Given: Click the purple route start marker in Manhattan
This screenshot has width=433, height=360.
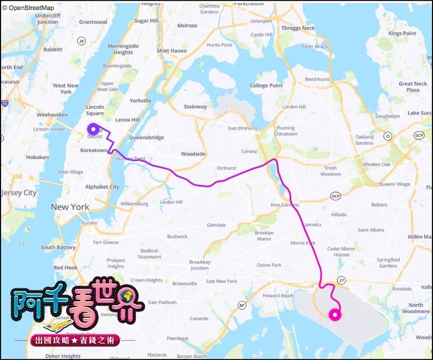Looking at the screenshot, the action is coord(92,129).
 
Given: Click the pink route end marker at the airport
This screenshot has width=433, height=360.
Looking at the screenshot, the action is coord(335,315).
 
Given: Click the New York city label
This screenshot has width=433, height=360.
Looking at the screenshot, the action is coord(70,207).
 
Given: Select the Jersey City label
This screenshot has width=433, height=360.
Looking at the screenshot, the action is coord(19,193).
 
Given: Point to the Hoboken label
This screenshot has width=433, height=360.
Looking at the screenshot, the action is coord(37,157).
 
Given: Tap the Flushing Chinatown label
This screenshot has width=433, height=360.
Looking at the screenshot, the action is coord(286,131).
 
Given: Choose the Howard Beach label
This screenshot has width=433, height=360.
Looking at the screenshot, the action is coord(277,296).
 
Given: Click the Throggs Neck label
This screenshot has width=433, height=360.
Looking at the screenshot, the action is coord(298,28).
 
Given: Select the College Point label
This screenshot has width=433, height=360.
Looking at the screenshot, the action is coord(266,85).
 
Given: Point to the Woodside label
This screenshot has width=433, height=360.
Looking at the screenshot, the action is coord(193,154).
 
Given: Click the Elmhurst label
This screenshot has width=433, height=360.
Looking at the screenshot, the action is coord(226,168).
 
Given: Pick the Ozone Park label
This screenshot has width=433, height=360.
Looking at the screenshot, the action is coord(269,265).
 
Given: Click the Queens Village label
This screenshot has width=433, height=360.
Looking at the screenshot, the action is coord(395,184).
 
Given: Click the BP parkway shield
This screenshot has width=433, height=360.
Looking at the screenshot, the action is coord(242,305).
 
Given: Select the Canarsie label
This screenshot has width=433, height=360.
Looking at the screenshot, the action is coord(199,318).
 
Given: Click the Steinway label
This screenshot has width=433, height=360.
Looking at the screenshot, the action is coord(195,107).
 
